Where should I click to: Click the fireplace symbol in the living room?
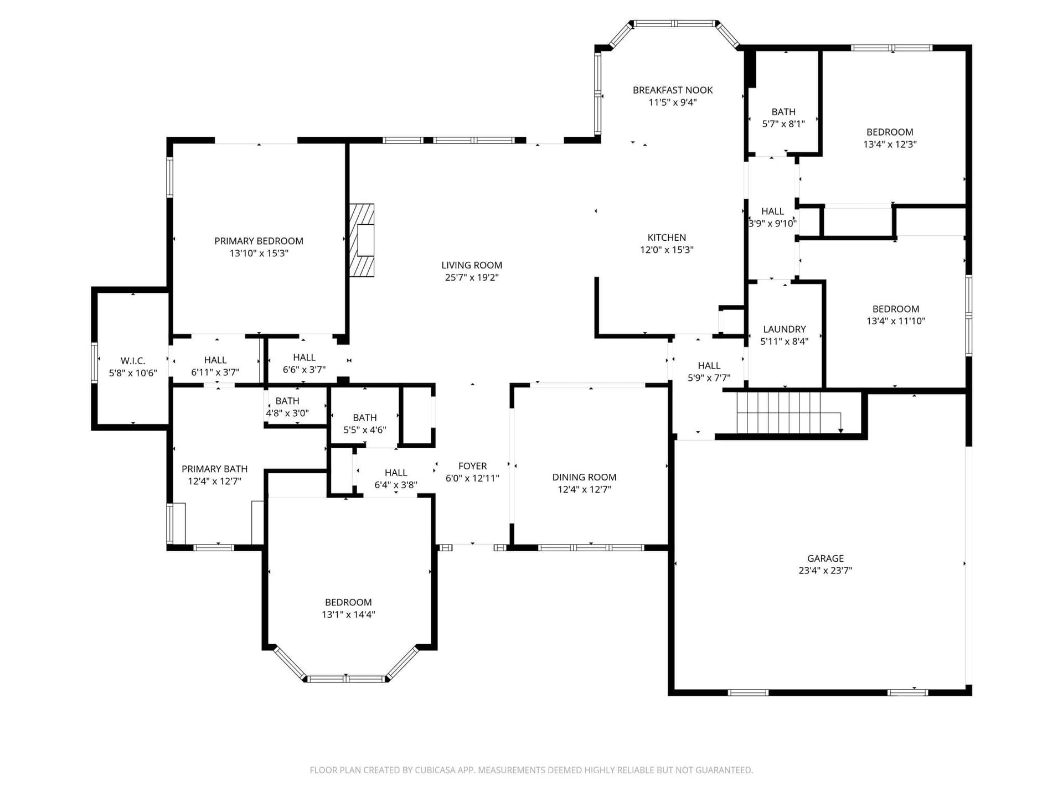tap(362, 240)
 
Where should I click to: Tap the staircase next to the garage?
tap(789, 412)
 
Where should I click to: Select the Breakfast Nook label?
tap(673, 90)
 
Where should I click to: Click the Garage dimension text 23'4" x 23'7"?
tap(825, 571)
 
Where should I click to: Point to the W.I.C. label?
tap(133, 361)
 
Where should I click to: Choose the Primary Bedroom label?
tap(259, 241)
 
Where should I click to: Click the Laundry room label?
tap(784, 329)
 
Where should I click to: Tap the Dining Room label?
tap(584, 477)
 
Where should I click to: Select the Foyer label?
tap(472, 466)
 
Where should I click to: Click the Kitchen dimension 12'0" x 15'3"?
tap(667, 250)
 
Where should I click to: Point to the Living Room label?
tap(472, 265)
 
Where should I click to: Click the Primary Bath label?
tap(214, 469)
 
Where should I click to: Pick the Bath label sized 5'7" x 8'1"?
tap(783, 112)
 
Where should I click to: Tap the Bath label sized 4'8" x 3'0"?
tap(287, 401)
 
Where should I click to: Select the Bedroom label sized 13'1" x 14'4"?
tap(348, 602)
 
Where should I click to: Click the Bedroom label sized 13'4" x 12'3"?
tap(890, 132)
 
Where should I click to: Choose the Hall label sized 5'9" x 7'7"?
tap(709, 366)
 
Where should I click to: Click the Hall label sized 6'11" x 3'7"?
tap(215, 360)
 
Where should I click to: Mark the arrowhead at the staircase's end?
tap(841, 430)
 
